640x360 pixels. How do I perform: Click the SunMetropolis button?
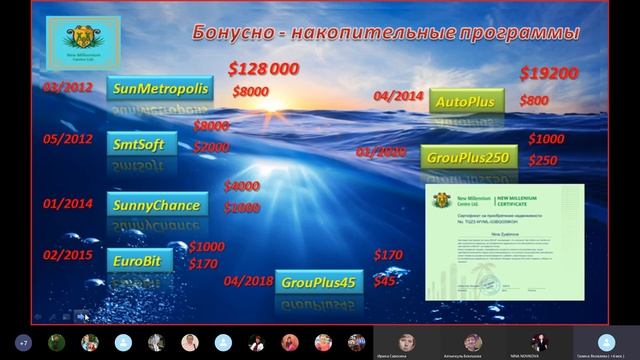(160, 89)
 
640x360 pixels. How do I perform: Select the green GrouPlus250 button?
(468, 158)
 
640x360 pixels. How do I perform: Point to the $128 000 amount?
(264, 69)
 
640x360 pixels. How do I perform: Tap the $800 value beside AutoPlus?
(534, 101)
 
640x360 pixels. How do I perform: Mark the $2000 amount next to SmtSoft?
(211, 146)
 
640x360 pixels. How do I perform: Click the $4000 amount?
(241, 186)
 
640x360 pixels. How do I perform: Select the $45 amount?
(384, 282)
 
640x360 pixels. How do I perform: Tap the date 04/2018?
(248, 281)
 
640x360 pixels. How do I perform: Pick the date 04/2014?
(397, 96)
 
